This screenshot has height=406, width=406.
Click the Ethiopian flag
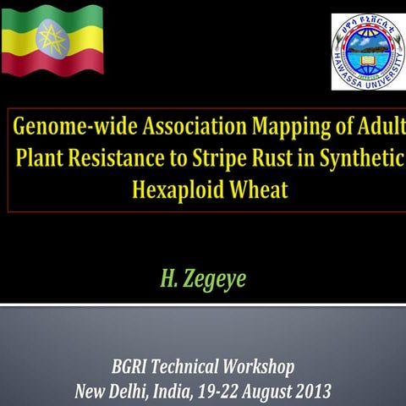[52, 39]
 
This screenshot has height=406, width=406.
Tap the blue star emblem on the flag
[52, 38]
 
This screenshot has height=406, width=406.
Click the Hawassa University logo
[367, 51]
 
